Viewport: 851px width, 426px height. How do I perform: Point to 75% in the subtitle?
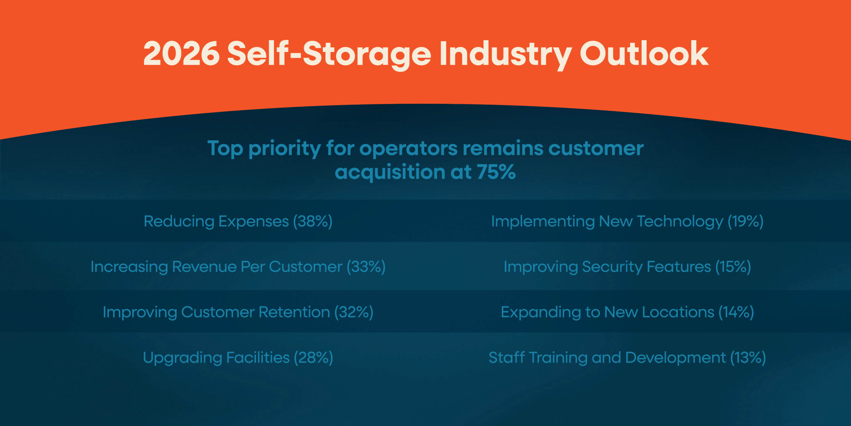tap(496, 172)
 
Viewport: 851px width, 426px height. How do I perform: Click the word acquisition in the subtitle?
tap(390, 172)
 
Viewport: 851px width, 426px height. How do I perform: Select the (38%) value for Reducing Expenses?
tap(312, 221)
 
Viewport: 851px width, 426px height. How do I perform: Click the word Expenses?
tap(253, 221)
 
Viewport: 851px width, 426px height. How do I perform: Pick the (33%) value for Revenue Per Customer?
tap(366, 267)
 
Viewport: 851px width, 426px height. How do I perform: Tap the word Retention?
tap(294, 312)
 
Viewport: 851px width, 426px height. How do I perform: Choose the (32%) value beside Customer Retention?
tap(354, 312)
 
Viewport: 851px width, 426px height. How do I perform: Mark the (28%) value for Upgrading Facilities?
tap(313, 358)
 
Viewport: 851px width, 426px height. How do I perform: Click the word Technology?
tap(680, 221)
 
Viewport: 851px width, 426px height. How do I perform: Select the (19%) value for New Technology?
tap(745, 221)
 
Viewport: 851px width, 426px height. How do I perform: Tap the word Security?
tap(612, 267)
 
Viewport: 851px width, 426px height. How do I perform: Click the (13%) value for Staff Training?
tap(748, 358)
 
